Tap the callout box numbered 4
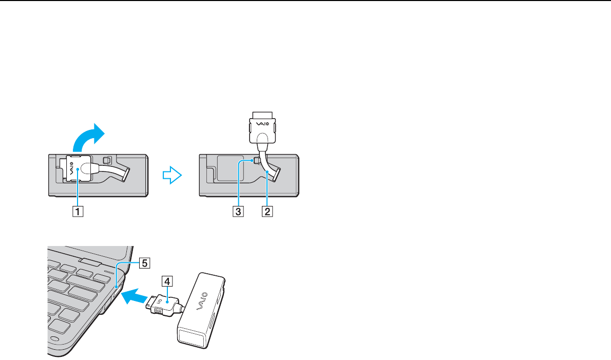[165, 281]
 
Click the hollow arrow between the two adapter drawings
[172, 176]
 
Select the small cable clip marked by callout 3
[255, 161]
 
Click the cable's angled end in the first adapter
[123, 176]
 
